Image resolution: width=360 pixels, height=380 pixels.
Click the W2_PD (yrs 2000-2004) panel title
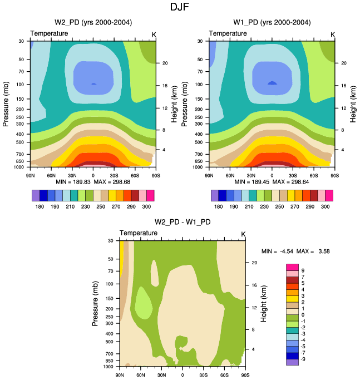(x=93, y=23)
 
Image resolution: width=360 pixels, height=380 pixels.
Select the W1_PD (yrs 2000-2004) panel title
(x=272, y=23)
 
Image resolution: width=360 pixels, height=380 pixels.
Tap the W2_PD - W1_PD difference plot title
(x=183, y=223)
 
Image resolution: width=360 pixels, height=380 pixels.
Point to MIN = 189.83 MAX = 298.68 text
(x=92, y=182)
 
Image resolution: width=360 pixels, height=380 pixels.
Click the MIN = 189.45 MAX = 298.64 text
(x=272, y=182)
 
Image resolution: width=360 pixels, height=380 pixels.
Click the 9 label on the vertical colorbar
(x=303, y=270)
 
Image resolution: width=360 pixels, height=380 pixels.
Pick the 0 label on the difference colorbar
(x=303, y=314)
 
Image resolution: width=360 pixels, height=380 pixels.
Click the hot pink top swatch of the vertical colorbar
(x=293, y=267)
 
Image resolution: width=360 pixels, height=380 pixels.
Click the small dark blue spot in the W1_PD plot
(x=272, y=83)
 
